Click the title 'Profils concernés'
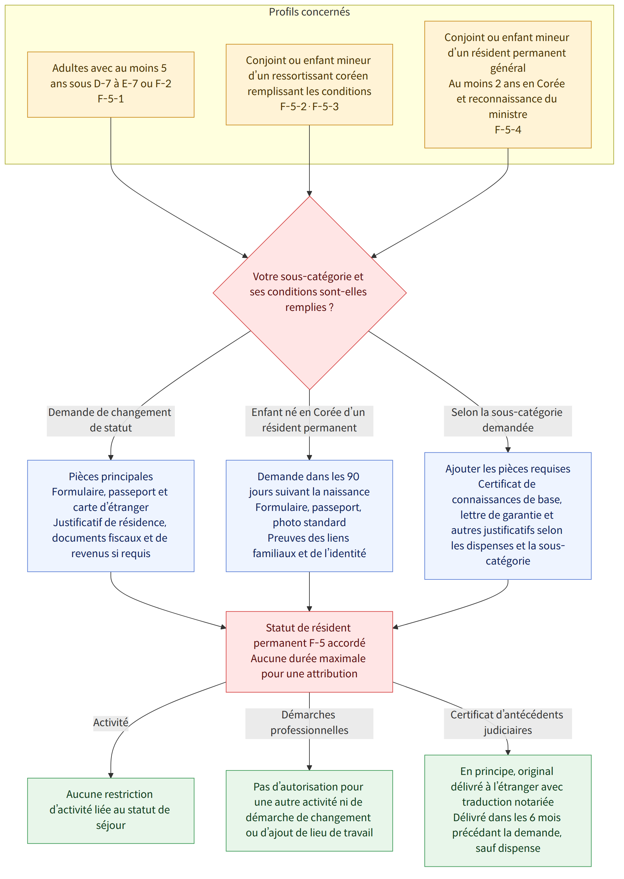tap(309, 12)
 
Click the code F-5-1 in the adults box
tap(111, 99)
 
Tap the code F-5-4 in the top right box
tap(508, 130)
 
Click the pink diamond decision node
tap(309, 293)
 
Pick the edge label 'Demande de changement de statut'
tap(111, 420)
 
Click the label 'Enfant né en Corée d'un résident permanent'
tap(309, 420)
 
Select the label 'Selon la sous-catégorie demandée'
tap(508, 420)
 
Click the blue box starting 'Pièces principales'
tap(111, 516)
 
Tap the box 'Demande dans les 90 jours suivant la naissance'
tap(309, 516)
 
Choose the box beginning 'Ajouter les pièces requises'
tap(508, 516)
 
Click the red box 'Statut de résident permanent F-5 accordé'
tap(309, 651)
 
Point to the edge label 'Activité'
tap(111, 723)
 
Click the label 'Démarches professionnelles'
tap(309, 723)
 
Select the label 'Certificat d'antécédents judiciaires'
tap(508, 723)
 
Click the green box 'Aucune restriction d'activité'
tap(111, 810)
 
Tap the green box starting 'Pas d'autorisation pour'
tap(309, 810)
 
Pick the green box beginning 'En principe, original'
tap(508, 810)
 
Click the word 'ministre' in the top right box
tap(508, 114)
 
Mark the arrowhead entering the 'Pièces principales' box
tap(111, 457)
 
